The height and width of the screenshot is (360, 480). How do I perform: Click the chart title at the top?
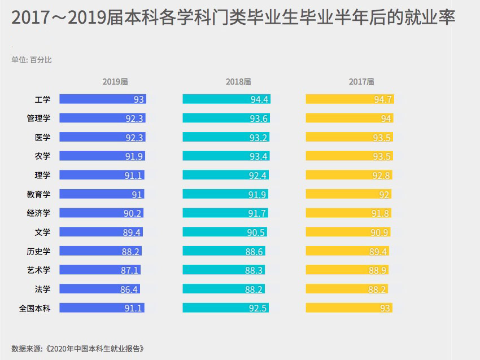click(233, 17)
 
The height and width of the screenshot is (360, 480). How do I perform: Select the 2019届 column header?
click(115, 82)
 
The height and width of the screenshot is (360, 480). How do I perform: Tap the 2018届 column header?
click(238, 82)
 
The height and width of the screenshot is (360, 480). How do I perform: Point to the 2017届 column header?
click(361, 82)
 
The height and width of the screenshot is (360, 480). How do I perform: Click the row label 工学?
click(42, 99)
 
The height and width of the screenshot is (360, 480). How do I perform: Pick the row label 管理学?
click(38, 118)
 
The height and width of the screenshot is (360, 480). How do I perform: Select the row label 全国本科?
click(34, 308)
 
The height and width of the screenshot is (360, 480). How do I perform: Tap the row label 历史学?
click(38, 251)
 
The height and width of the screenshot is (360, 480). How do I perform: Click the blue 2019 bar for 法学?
click(100, 289)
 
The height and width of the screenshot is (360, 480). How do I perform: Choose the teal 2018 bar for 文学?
click(225, 232)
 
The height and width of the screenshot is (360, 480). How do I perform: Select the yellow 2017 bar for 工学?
click(350, 99)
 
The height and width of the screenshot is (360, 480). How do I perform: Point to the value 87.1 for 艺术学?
click(129, 270)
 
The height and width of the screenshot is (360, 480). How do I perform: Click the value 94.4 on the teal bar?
click(259, 99)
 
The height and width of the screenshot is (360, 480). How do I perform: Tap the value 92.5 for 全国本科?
click(258, 308)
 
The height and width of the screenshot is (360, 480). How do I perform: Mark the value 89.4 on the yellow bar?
click(378, 252)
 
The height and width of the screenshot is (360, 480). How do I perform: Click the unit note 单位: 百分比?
click(32, 60)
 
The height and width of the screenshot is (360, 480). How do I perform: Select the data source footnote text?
click(78, 349)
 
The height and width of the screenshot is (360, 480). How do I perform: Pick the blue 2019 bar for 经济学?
click(101, 213)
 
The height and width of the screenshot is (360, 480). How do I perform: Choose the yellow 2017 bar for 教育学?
click(348, 194)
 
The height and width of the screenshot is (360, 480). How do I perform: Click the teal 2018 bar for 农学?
click(226, 156)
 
